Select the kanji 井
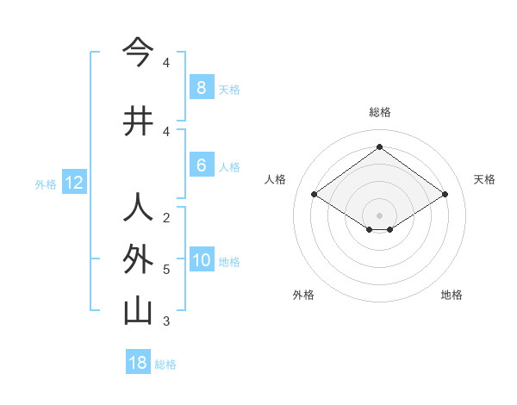138,121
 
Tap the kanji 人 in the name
138,208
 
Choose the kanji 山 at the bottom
138,311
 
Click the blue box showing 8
201,88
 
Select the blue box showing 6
201,165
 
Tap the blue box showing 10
201,260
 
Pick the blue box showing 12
73,183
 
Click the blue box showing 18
138,363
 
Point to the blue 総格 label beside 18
165,364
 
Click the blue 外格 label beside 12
46,184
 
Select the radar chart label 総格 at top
379,112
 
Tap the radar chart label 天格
484,179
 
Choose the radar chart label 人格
276,179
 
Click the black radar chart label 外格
303,295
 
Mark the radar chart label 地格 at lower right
452,295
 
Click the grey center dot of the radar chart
379,215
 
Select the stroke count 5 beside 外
166,270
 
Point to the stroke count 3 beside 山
166,321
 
